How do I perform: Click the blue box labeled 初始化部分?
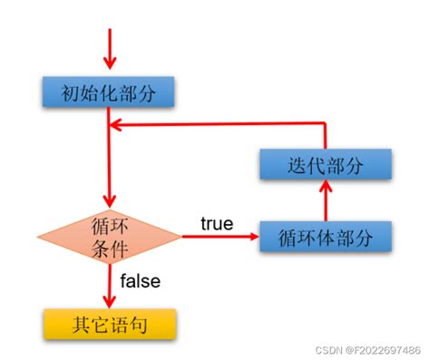click(x=107, y=92)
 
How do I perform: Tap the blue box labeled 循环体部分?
click(x=325, y=238)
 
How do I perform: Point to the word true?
click(x=216, y=223)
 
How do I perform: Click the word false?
click(x=140, y=281)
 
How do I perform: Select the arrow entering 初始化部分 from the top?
click(x=109, y=50)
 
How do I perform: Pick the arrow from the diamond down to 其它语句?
click(x=109, y=286)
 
